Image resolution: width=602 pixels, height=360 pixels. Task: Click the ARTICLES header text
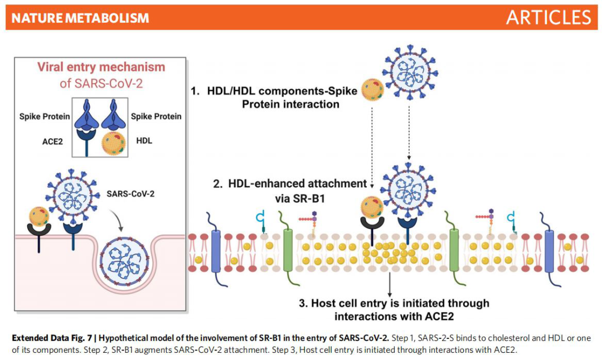(548, 17)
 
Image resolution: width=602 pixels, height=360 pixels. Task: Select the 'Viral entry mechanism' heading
(101, 67)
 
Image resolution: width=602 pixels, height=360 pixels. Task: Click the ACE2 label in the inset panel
(52, 142)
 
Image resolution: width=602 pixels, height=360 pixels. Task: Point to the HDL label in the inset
(144, 142)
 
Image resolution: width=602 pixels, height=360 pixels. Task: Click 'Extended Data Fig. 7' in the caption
(55, 338)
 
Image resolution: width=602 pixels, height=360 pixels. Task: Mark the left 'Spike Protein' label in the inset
(45, 116)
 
